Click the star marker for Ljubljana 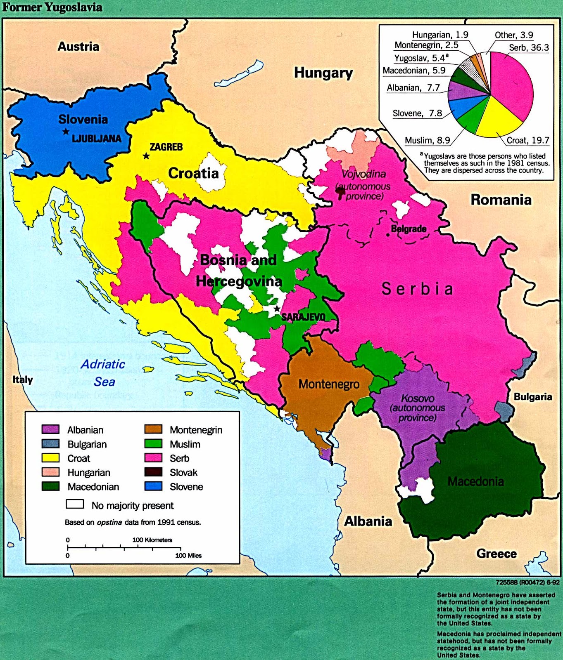coord(66,132)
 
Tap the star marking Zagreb coord(146,156)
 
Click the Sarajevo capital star coord(277,309)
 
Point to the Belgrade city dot coord(387,235)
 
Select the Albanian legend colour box coord(50,429)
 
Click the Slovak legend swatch coord(153,472)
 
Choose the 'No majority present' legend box coord(75,504)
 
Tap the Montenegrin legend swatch coord(153,429)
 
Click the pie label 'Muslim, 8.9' coord(427,141)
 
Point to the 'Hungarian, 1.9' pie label coord(440,35)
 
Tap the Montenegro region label coord(329,384)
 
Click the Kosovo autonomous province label coord(418,408)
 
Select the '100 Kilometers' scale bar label coord(152,540)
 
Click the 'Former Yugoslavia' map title coord(52,7)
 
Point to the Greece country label coord(496,554)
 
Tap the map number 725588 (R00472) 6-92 coord(527,582)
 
